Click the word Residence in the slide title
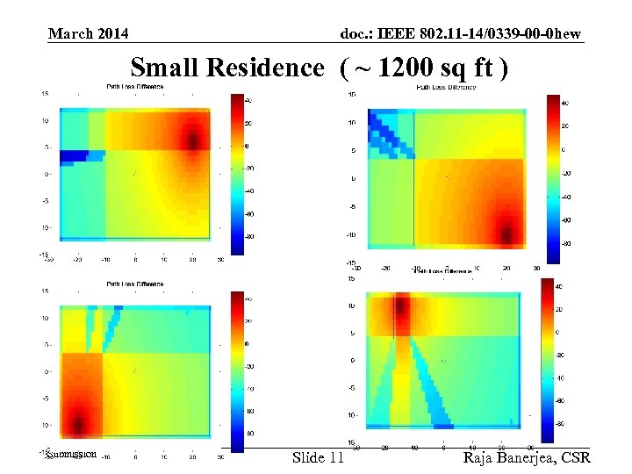[x=265, y=68]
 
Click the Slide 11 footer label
[x=318, y=457]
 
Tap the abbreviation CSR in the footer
[x=574, y=457]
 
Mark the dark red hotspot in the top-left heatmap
[x=194, y=138]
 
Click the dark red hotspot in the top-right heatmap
[x=507, y=233]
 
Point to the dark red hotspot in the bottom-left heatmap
[x=79, y=425]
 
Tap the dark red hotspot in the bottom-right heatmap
[x=401, y=306]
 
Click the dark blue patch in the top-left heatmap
[x=75, y=156]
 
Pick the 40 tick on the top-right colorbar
[x=564, y=104]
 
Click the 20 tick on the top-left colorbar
[x=248, y=123]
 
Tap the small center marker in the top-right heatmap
[x=447, y=178]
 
